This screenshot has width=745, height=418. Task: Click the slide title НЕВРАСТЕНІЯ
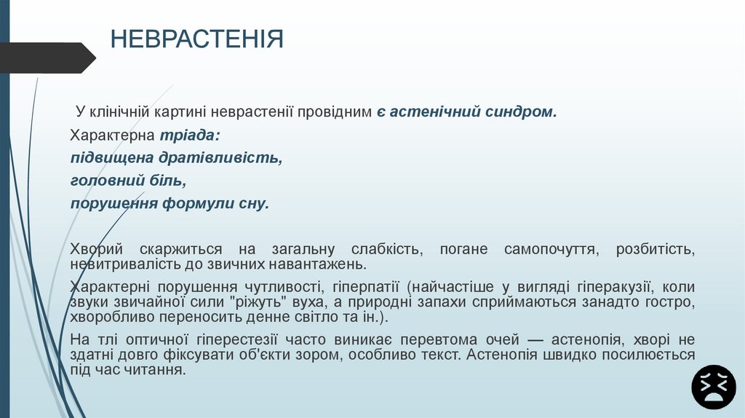[196, 39]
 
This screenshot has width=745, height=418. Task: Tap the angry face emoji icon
[714, 387]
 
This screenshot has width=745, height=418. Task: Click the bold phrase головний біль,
[129, 180]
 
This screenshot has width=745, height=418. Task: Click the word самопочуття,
[551, 249]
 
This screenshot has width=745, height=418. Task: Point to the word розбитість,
[656, 249]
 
